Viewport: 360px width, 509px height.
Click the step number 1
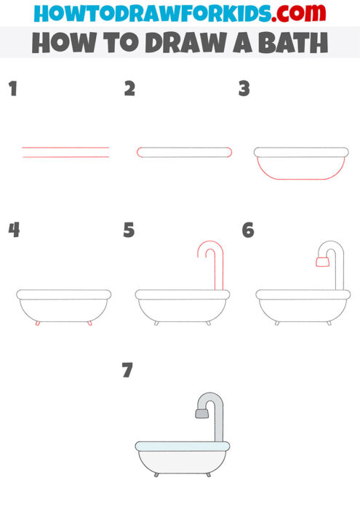coord(12,89)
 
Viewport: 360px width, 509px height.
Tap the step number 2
coord(129,89)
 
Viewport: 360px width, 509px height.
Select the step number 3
coord(244,89)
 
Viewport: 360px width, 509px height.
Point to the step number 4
coord(13,231)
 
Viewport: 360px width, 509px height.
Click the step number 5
coord(129,231)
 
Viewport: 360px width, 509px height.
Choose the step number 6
coord(248,231)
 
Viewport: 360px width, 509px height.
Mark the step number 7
coord(128,371)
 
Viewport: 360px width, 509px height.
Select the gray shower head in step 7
coord(202,413)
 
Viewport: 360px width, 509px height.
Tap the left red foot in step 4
coord(37,323)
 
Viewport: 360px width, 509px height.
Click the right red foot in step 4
coord(89,323)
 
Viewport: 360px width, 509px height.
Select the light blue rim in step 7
coord(182,444)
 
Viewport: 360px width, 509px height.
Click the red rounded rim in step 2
coord(184,152)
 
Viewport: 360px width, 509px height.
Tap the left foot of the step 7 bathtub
coord(156,475)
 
